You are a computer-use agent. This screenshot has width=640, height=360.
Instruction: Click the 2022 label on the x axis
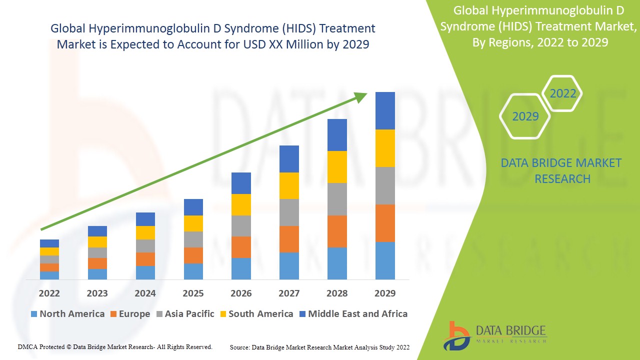click(x=49, y=293)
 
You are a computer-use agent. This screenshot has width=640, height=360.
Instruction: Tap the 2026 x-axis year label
click(x=241, y=293)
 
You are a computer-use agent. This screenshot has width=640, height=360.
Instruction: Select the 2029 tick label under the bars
click(x=385, y=293)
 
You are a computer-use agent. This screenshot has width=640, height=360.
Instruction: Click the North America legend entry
click(x=67, y=314)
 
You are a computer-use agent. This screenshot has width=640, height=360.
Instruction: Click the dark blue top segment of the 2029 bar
click(x=385, y=110)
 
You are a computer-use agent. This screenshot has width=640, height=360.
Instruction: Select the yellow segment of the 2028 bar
click(x=337, y=167)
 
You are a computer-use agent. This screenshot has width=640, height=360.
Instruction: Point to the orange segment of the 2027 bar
click(x=289, y=239)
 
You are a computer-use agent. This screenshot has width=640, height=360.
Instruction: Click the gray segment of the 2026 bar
click(x=241, y=226)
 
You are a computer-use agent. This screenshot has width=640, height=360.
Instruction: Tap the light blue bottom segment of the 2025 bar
click(x=193, y=271)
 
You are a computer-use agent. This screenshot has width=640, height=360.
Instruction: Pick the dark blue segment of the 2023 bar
click(x=97, y=231)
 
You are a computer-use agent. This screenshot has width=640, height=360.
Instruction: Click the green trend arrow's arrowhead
click(x=361, y=96)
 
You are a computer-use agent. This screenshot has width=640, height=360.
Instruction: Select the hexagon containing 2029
click(x=525, y=116)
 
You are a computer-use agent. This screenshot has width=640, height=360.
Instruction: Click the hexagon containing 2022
click(x=562, y=93)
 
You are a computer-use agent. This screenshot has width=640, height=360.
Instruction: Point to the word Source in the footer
click(x=240, y=347)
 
